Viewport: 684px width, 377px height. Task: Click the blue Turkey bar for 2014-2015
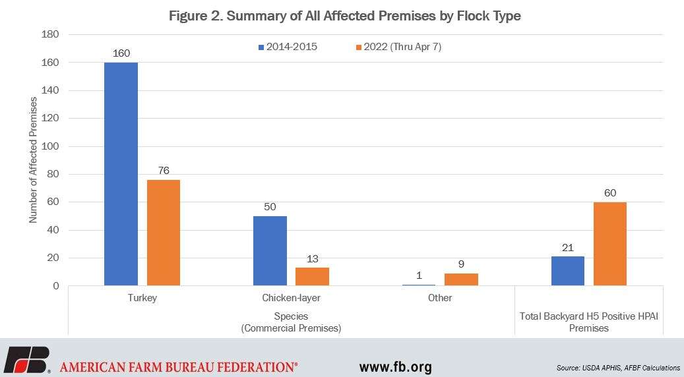pyautogui.click(x=121, y=174)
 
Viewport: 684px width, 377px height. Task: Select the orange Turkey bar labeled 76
pyautogui.click(x=163, y=233)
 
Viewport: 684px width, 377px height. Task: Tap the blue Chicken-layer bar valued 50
pyautogui.click(x=270, y=250)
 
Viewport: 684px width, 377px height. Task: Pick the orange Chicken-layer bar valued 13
pyautogui.click(x=312, y=276)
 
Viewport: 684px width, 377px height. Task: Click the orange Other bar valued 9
pyautogui.click(x=461, y=279)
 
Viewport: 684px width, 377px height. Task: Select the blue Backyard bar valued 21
pyautogui.click(x=567, y=271)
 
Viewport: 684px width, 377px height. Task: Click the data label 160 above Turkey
pyautogui.click(x=121, y=53)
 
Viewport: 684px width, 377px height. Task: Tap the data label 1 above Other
pyautogui.click(x=419, y=275)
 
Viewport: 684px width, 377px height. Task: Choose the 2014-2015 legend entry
pyautogui.click(x=288, y=47)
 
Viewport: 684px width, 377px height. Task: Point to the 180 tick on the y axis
pyautogui.click(x=51, y=34)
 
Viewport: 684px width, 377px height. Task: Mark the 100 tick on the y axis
pyautogui.click(x=51, y=146)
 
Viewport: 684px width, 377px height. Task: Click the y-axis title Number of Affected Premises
pyautogui.click(x=33, y=160)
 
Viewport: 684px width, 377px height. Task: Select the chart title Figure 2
pyautogui.click(x=344, y=16)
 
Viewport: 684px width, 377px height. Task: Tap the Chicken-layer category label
pyautogui.click(x=291, y=298)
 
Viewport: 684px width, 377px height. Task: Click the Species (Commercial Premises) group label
pyautogui.click(x=291, y=322)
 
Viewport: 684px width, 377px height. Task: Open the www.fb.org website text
pyautogui.click(x=395, y=366)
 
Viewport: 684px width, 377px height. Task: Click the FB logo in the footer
pyautogui.click(x=26, y=360)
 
